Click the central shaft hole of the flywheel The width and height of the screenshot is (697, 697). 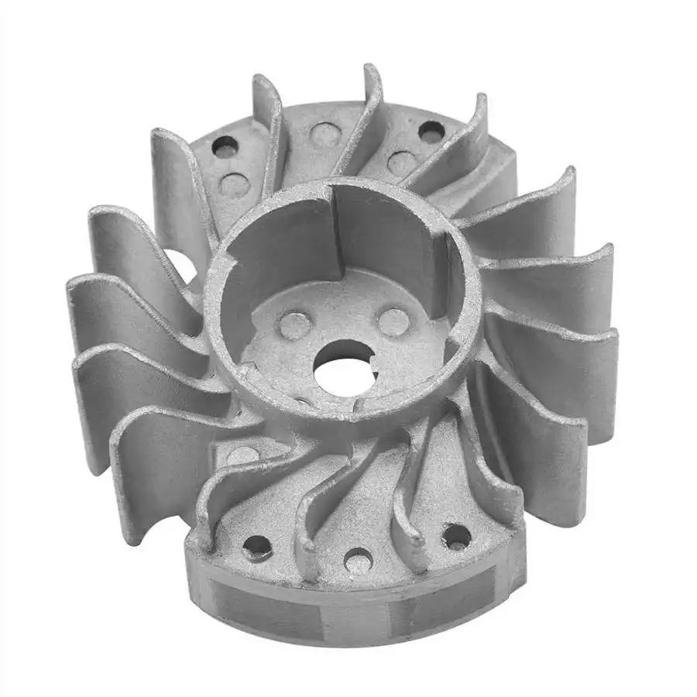click(x=344, y=364)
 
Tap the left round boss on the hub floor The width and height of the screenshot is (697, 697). click(x=295, y=325)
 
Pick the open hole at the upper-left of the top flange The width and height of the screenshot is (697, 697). click(x=226, y=147)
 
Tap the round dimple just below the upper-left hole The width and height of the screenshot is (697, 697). click(x=234, y=185)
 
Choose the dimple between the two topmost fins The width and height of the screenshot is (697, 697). click(x=325, y=135)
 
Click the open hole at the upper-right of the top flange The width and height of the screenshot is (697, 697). click(x=431, y=132)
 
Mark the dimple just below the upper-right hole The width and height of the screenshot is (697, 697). click(x=402, y=163)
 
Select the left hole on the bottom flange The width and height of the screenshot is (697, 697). click(x=257, y=548)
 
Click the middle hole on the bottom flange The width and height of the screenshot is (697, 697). click(x=358, y=560)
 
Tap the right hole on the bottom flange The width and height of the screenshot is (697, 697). click(x=456, y=536)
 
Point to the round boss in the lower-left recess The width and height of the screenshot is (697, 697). click(x=242, y=457)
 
